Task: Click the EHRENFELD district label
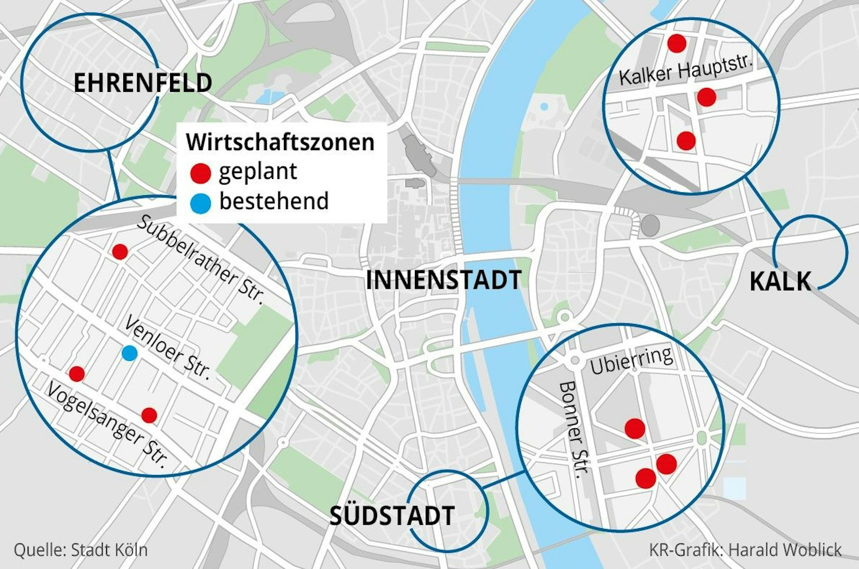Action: (143, 83)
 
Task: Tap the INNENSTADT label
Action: (443, 280)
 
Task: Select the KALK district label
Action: (780, 282)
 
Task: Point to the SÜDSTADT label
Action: (392, 516)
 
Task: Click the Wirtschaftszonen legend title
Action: (280, 142)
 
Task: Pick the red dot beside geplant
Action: (201, 173)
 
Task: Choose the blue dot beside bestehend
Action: (201, 203)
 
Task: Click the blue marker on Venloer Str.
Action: (129, 353)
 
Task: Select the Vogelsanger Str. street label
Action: (107, 425)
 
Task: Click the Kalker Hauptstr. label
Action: (686, 71)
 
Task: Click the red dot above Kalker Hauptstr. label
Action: (677, 43)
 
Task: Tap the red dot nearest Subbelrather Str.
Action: (120, 251)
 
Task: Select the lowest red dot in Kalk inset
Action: (686, 140)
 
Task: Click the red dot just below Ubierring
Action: (635, 428)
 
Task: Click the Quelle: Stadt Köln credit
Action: (81, 550)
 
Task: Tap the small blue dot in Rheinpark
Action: (544, 106)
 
